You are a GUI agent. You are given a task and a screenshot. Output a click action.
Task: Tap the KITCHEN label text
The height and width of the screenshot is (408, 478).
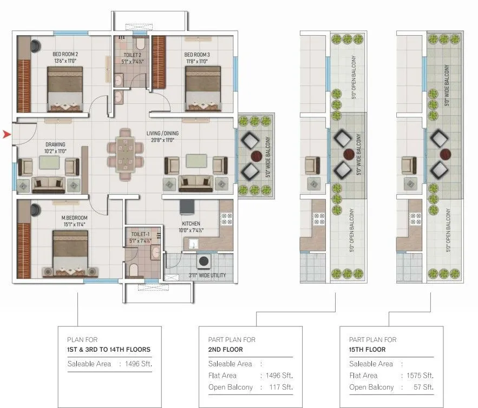click(191, 223)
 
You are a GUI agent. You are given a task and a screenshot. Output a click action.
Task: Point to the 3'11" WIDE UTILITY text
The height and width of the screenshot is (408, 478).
click(207, 275)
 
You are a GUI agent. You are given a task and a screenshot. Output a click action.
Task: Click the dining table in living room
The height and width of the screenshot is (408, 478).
click(126, 148)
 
